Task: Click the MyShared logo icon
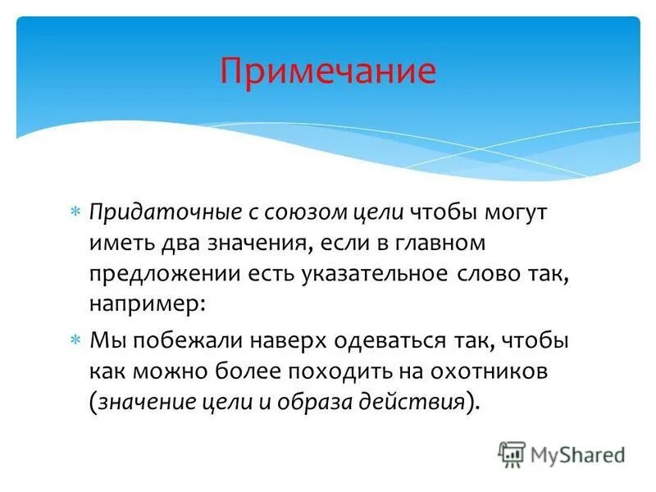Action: [512, 453]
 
